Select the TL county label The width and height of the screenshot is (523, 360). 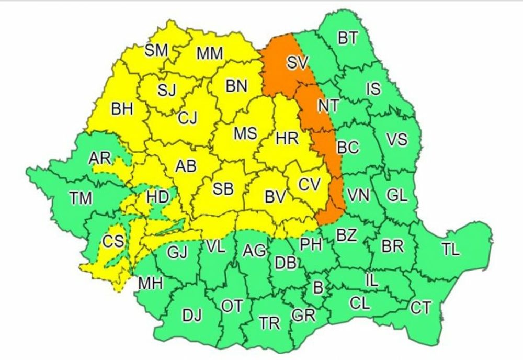click(x=451, y=250)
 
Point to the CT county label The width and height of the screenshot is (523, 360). click(x=420, y=308)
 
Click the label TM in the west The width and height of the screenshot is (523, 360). click(x=81, y=198)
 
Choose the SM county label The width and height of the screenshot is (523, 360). click(x=156, y=50)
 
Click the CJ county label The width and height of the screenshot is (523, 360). click(x=187, y=118)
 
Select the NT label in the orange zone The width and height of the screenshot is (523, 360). click(x=328, y=105)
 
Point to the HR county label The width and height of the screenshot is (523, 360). click(x=287, y=139)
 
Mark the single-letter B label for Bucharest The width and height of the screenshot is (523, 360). click(x=317, y=287)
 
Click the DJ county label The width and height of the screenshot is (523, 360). click(x=192, y=316)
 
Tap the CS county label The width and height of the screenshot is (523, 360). click(x=113, y=241)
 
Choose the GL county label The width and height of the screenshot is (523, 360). click(x=397, y=196)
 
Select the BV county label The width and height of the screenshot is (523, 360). click(x=275, y=197)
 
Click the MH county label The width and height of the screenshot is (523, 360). click(x=151, y=283)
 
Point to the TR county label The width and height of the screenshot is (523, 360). click(x=270, y=324)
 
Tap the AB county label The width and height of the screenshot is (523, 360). click(x=186, y=166)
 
